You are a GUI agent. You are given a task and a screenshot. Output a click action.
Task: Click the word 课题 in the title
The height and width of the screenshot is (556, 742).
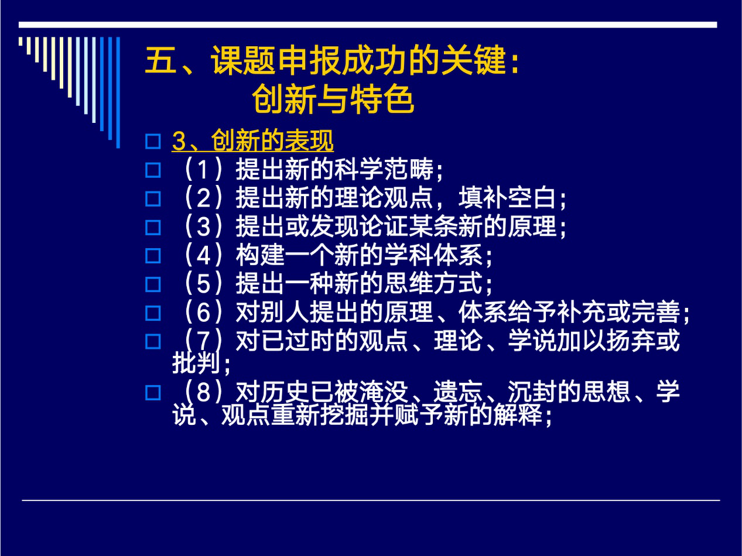coord(242,61)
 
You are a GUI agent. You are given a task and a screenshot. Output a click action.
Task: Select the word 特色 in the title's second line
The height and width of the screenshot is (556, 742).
coord(382,99)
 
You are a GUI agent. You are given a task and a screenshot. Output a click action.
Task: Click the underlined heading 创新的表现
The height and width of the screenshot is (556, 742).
coord(272,140)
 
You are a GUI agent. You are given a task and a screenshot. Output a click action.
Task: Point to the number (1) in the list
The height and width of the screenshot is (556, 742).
coord(203,169)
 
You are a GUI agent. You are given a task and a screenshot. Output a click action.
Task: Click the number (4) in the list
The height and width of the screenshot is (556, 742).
coord(203,255)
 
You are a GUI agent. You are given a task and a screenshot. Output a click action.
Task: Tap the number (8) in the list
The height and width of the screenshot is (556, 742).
coord(203,392)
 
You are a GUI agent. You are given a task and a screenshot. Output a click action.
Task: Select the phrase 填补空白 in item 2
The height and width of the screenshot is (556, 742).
coord(507,198)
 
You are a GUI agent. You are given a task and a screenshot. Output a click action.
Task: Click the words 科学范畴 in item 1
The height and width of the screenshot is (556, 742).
coord(384,169)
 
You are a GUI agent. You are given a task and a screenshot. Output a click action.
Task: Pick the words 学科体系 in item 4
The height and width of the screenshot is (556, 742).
coord(433,255)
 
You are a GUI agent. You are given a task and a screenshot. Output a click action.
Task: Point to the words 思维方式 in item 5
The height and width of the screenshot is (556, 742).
coord(433,284)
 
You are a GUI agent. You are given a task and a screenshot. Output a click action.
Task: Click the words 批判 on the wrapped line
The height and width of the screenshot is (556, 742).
coord(197,363)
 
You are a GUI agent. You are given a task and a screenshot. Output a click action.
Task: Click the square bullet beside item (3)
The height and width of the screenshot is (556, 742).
coord(153,227)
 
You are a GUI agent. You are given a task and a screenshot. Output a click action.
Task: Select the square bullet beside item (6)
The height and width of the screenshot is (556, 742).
coord(153,313)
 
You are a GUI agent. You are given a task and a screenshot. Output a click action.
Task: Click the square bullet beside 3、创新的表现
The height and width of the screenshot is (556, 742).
coord(153,142)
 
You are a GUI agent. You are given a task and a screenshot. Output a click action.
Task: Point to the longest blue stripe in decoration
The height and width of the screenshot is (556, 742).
coord(118,92)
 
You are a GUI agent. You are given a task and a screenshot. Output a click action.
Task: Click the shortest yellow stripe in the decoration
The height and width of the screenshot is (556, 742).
coord(20,41)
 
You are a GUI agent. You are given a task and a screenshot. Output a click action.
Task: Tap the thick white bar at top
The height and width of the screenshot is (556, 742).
coord(368,25)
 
